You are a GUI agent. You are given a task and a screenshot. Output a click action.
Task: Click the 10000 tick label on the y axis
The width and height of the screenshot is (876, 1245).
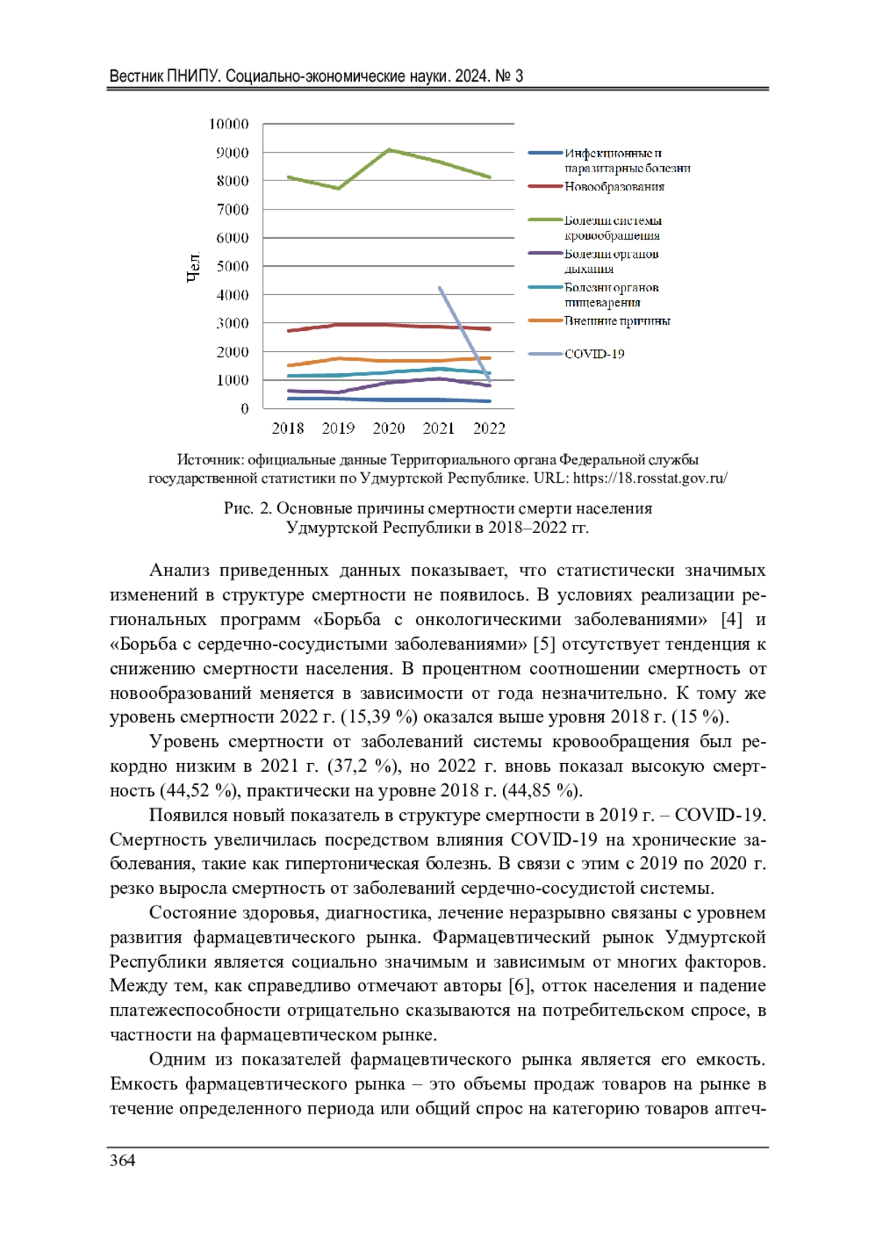click(x=228, y=124)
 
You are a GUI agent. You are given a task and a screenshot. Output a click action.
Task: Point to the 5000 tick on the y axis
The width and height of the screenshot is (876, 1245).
click(x=233, y=267)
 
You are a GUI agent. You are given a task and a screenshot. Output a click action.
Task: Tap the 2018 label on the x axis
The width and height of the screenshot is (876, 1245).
click(x=288, y=429)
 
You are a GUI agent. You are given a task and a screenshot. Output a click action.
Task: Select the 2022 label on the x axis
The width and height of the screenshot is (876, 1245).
click(x=489, y=429)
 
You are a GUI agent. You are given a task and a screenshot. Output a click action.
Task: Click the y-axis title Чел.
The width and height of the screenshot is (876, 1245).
click(x=193, y=267)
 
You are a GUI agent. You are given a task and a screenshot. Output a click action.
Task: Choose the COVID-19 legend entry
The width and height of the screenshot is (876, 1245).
click(x=594, y=354)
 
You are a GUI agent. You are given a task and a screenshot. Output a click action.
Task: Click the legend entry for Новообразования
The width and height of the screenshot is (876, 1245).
click(x=614, y=187)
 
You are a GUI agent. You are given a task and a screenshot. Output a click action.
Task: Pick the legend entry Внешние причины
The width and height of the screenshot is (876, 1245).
click(x=617, y=321)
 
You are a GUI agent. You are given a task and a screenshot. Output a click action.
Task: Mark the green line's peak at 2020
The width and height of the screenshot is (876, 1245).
click(x=390, y=150)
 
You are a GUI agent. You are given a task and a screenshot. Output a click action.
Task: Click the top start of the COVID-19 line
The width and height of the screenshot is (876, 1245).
click(x=439, y=288)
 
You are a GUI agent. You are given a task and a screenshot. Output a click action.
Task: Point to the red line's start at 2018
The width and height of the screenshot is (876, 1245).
click(x=289, y=331)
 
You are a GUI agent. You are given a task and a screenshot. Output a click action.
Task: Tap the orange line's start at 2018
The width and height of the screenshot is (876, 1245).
click(x=289, y=365)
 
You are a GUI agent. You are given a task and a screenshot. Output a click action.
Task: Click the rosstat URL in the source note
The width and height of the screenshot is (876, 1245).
click(x=650, y=479)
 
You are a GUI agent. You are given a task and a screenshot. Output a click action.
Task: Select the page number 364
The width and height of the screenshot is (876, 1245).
click(x=123, y=1161)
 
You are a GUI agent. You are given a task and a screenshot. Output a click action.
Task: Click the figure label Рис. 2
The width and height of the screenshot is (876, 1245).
click(x=247, y=509)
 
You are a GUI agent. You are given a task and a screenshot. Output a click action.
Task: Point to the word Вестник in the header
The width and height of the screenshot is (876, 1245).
click(x=136, y=76)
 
